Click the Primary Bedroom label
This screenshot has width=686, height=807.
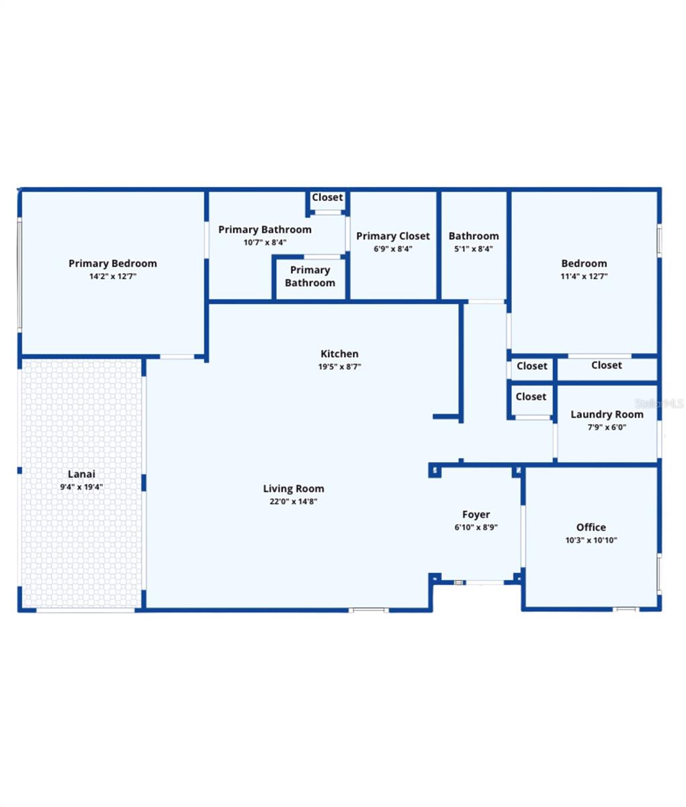[113, 263]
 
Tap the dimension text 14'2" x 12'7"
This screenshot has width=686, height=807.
[113, 276]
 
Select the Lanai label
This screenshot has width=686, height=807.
[81, 474]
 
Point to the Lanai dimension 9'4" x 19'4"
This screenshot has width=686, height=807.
[81, 487]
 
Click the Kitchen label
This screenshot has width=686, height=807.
[339, 354]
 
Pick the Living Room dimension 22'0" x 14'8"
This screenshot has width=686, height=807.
[294, 502]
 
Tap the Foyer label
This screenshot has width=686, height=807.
[476, 514]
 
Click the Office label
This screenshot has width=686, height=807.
[591, 527]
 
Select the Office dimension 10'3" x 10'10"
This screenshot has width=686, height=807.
[591, 540]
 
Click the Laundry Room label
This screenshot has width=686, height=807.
[607, 414]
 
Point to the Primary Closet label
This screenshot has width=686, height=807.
[393, 236]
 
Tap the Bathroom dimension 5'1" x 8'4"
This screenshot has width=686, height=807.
[474, 249]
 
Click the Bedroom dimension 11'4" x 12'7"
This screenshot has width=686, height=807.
[584, 276]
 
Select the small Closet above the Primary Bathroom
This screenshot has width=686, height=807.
[327, 198]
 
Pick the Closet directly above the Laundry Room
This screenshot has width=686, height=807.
[606, 365]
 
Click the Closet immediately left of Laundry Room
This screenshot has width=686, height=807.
[531, 397]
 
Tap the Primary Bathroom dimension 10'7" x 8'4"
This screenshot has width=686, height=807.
[265, 243]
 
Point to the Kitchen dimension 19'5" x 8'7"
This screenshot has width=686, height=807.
[339, 367]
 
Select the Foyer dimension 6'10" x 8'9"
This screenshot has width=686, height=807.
[476, 528]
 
